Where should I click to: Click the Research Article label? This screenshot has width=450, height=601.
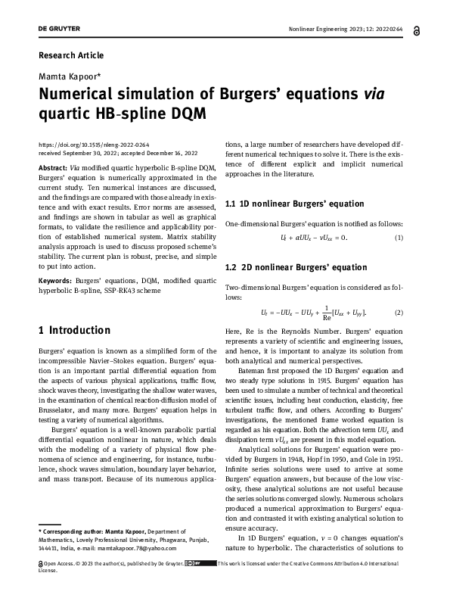(x=70, y=55)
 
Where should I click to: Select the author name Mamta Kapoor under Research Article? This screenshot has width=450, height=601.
(x=70, y=77)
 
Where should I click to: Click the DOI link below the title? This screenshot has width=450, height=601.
(x=82, y=144)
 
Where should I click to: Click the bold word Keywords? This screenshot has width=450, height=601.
(x=54, y=280)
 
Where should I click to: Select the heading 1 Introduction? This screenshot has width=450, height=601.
(x=74, y=331)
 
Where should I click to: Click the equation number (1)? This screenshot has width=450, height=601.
(x=399, y=238)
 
